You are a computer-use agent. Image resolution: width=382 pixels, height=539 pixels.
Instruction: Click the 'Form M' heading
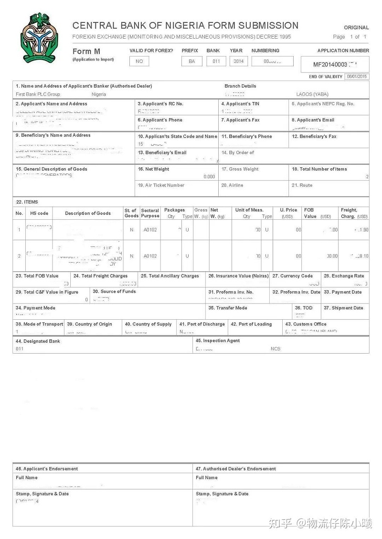point(86,51)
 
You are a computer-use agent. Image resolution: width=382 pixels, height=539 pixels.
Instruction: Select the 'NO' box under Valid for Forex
point(139,61)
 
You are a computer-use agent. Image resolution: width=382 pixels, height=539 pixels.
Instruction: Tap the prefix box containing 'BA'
point(192,61)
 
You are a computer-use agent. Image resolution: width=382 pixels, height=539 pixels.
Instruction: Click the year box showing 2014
point(238,61)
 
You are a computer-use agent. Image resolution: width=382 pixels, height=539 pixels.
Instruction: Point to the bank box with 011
point(216,61)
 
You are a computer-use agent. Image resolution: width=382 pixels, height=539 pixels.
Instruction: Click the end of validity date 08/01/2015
point(357,77)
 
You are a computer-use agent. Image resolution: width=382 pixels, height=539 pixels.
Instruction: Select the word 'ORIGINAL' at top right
point(356,28)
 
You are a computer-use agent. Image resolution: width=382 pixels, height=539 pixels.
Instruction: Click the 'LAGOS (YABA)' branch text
point(312,94)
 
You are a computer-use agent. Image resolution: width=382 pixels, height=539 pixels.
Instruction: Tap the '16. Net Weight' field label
point(153,169)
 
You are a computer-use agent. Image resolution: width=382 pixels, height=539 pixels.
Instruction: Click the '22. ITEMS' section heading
point(27,202)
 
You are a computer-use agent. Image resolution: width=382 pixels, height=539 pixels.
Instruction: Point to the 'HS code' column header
point(36,214)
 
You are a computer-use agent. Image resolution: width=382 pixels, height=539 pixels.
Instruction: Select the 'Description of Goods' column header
point(88,214)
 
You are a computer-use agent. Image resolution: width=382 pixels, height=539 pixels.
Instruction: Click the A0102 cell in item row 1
point(150,230)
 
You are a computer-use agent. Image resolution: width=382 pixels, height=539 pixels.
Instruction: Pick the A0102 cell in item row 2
point(150,256)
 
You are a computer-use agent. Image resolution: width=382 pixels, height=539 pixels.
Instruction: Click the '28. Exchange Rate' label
point(344,276)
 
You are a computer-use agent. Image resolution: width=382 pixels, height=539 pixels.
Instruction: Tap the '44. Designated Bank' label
point(38,341)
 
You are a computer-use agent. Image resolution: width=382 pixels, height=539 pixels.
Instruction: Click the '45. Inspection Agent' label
point(217,341)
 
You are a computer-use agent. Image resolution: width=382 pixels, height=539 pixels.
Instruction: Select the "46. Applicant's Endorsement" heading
point(47,469)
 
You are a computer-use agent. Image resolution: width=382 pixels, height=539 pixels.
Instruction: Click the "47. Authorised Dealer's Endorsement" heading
point(236,469)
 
